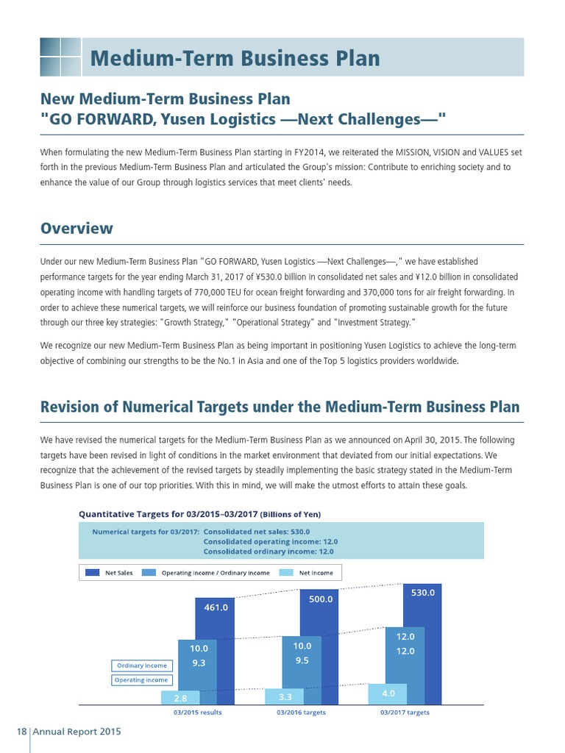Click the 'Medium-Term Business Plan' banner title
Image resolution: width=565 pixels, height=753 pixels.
click(235, 58)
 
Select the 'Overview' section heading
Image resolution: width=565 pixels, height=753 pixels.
click(77, 227)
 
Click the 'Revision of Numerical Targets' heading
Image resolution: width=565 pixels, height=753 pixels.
click(280, 406)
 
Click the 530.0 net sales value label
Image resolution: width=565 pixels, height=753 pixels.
click(423, 591)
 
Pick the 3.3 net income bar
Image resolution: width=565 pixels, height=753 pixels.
click(285, 695)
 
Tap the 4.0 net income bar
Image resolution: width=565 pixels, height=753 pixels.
click(389, 692)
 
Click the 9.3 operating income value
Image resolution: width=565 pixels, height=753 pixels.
click(199, 663)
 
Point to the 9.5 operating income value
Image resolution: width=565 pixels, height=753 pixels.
click(302, 660)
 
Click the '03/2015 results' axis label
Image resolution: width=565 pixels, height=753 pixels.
click(197, 713)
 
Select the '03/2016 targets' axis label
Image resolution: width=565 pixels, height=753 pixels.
click(301, 713)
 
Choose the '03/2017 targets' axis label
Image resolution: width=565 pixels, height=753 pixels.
click(405, 713)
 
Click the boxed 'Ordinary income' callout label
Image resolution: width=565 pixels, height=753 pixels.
click(142, 665)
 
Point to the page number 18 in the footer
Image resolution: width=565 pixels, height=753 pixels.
click(21, 732)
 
